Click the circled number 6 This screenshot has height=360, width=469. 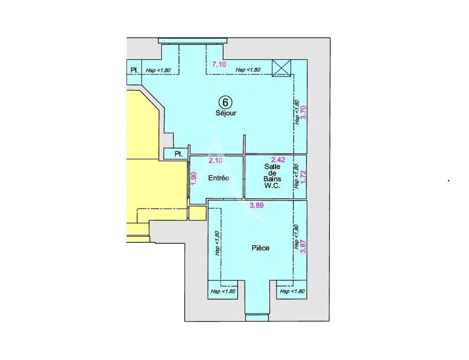pyautogui.click(x=225, y=102)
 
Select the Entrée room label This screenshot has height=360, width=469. pyautogui.click(x=219, y=178)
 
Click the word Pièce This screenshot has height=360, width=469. pyautogui.click(x=261, y=248)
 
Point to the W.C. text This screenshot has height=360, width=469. pyautogui.click(x=272, y=186)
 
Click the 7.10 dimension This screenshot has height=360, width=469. pyautogui.click(x=219, y=65)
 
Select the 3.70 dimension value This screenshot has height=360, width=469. pyautogui.click(x=303, y=113)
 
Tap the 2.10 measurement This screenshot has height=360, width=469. pyautogui.click(x=215, y=161)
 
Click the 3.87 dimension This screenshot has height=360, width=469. pyautogui.click(x=303, y=247)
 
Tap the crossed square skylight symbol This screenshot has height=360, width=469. pyautogui.click(x=282, y=67)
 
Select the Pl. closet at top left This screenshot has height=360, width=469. pyautogui.click(x=134, y=70)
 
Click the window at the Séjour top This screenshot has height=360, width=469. pyautogui.click(x=193, y=41)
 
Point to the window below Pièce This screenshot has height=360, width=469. pyautogui.click(x=257, y=318)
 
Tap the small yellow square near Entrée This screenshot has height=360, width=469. pyautogui.click(x=197, y=212)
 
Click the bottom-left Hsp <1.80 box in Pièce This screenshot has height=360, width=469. pyautogui.click(x=223, y=291)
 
